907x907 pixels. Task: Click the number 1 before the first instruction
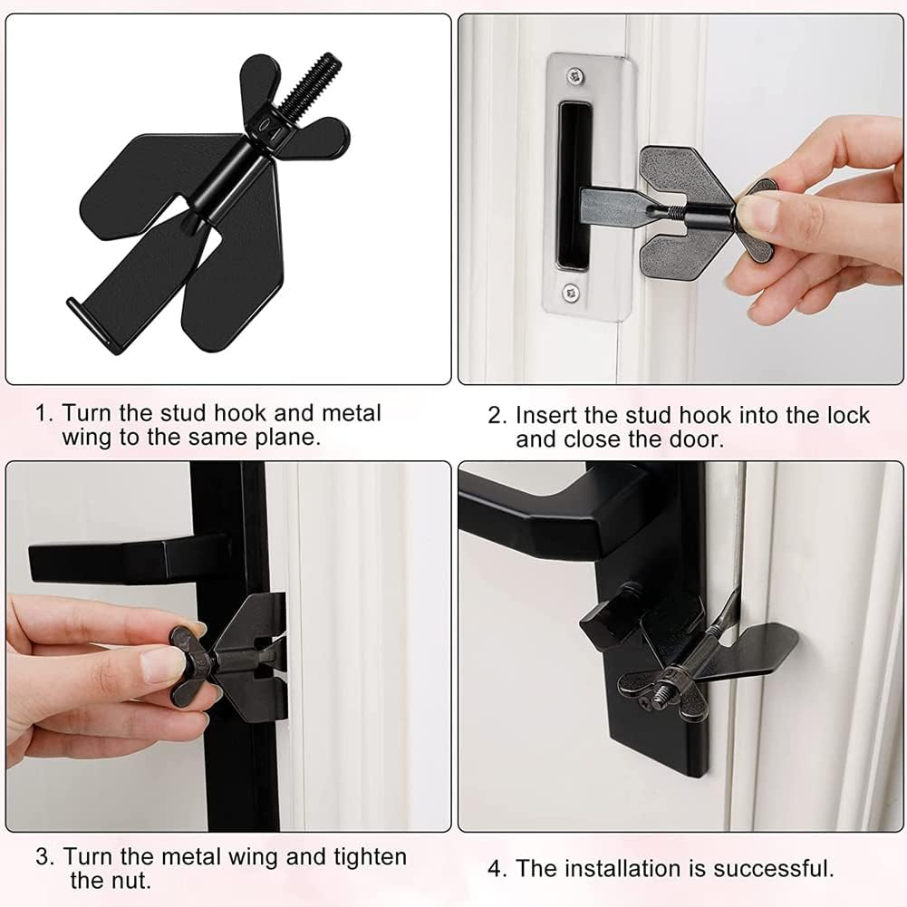41,414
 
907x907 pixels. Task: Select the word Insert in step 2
545,416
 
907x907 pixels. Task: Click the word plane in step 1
294,439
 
